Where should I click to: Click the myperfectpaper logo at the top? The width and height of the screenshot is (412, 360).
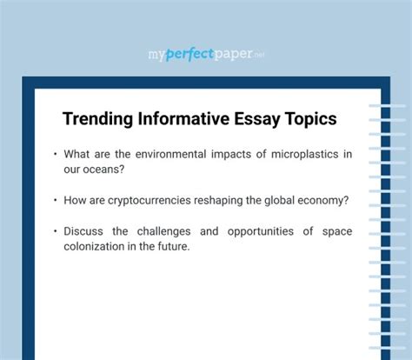(205, 55)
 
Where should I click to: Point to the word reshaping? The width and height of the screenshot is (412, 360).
(233, 200)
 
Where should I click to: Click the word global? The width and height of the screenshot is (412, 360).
(280, 200)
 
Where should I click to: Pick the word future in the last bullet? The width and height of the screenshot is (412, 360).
(169, 246)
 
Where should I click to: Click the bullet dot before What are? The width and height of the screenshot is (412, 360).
(55, 154)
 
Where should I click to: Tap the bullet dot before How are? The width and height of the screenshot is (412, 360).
(55, 200)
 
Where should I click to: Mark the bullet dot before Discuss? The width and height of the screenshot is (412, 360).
(55, 231)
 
